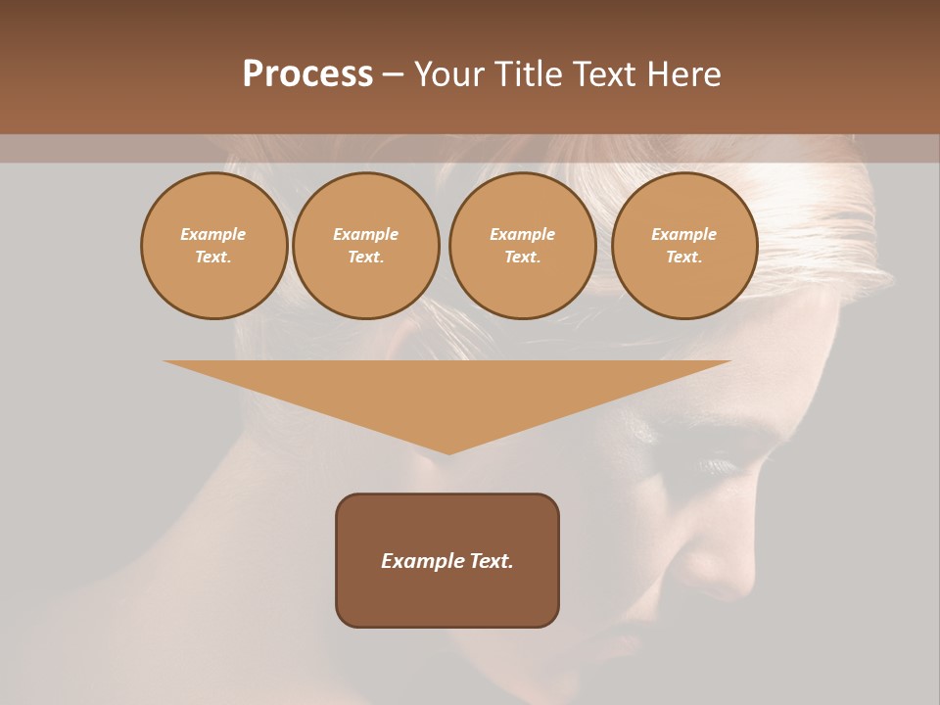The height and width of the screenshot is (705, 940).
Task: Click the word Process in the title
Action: [307, 74]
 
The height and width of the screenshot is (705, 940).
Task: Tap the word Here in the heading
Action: [684, 74]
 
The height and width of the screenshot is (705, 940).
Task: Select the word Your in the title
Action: [448, 74]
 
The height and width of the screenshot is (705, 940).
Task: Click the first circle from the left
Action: [213, 246]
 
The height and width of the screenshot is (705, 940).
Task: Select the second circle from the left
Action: [365, 246]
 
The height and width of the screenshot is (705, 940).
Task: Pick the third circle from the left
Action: [522, 246]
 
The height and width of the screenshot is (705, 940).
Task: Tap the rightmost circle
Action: [683, 246]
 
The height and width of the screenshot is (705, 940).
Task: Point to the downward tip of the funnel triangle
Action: [448, 451]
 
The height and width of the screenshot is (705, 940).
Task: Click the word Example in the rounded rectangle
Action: [421, 561]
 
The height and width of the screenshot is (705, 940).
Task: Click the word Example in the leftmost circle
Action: [213, 235]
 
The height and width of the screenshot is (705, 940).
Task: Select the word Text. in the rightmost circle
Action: [683, 258]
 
